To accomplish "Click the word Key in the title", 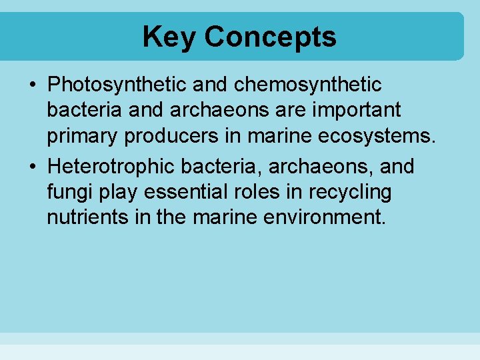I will tap(169, 37).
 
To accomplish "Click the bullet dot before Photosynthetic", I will tap(33, 85).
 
